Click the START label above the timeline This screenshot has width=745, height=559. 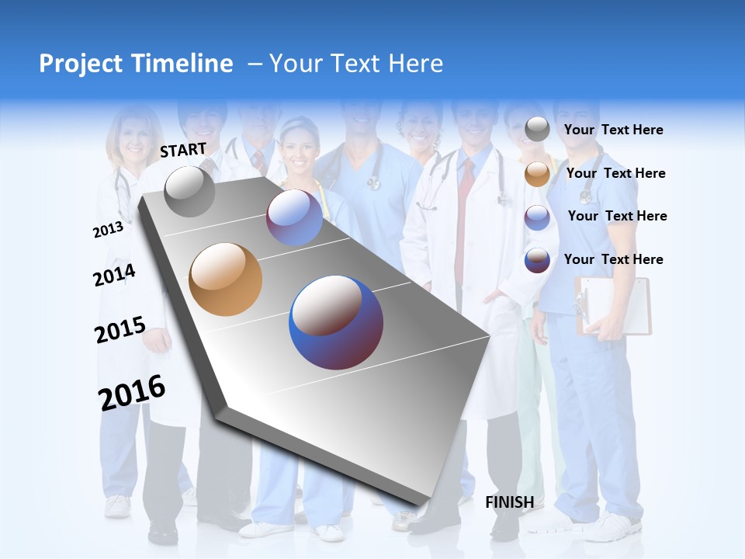click(x=183, y=150)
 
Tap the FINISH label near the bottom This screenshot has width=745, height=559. click(x=509, y=502)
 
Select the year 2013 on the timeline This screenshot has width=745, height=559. click(x=108, y=230)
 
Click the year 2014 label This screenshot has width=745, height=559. click(x=114, y=275)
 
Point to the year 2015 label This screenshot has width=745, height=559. click(x=120, y=330)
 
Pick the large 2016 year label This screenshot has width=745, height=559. click(x=132, y=393)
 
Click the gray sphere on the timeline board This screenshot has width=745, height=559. click(x=189, y=191)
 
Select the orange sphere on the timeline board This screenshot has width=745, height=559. click(x=225, y=279)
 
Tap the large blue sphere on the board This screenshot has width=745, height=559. click(x=335, y=322)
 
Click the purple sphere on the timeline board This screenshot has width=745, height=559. click(x=294, y=217)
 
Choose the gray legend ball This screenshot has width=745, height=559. click(x=537, y=130)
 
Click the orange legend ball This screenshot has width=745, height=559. click(x=537, y=174)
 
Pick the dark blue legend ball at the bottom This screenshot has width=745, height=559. click(x=537, y=260)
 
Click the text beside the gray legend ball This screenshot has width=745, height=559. click(x=613, y=130)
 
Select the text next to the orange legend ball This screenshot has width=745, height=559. click(x=615, y=173)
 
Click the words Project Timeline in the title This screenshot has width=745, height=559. click(x=136, y=64)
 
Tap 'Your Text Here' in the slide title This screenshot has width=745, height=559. click(x=355, y=64)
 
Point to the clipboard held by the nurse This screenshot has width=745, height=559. click(x=613, y=306)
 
